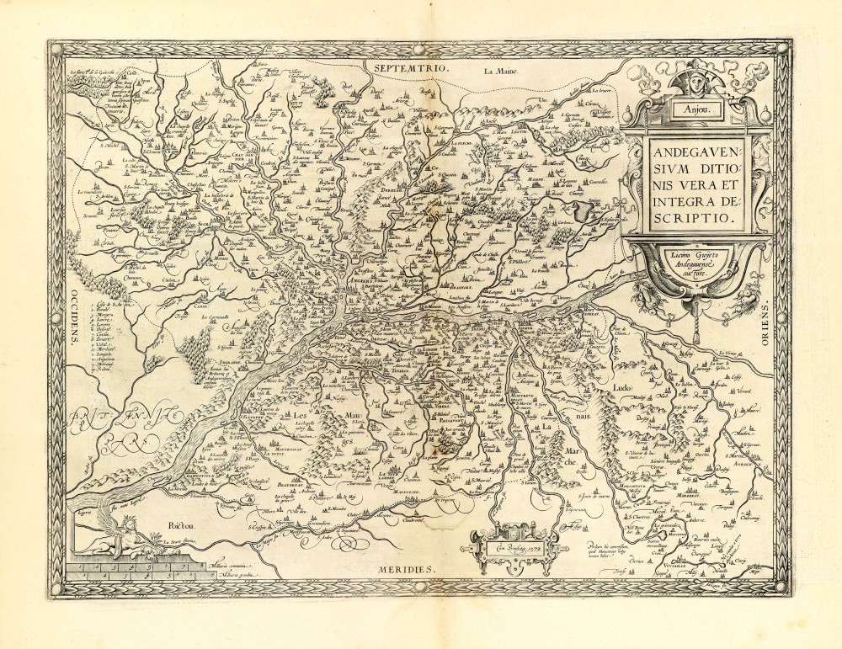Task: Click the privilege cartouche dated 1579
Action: [x=514, y=546]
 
